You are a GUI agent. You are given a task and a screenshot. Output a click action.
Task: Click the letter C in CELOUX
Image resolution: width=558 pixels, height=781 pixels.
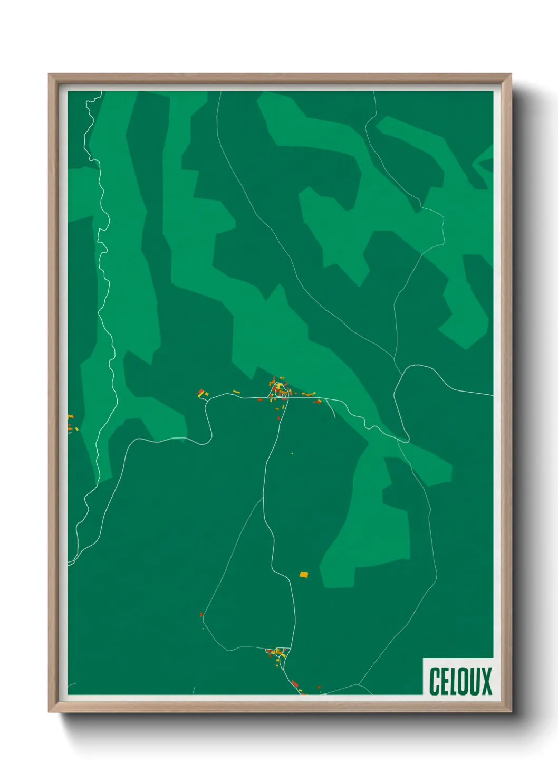(x=435, y=681)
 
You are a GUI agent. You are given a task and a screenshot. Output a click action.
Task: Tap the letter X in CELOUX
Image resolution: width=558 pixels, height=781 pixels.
(x=486, y=681)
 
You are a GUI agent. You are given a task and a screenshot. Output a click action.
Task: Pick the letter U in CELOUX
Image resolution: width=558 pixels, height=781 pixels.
(x=473, y=681)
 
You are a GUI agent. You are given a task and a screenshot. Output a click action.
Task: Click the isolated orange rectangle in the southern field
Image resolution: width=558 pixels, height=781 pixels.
(x=303, y=574)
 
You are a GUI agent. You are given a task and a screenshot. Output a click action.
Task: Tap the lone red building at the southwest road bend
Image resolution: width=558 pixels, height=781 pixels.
(x=201, y=614)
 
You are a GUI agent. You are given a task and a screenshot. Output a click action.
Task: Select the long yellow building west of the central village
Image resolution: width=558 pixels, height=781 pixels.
(x=236, y=392)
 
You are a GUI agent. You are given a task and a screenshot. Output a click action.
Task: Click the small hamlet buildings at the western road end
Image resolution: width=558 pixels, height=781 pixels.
(x=202, y=393)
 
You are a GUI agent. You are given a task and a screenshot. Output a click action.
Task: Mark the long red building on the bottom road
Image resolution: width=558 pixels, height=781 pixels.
(x=295, y=684)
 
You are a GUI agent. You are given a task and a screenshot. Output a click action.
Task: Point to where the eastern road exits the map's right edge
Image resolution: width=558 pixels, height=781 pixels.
(x=492, y=395)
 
